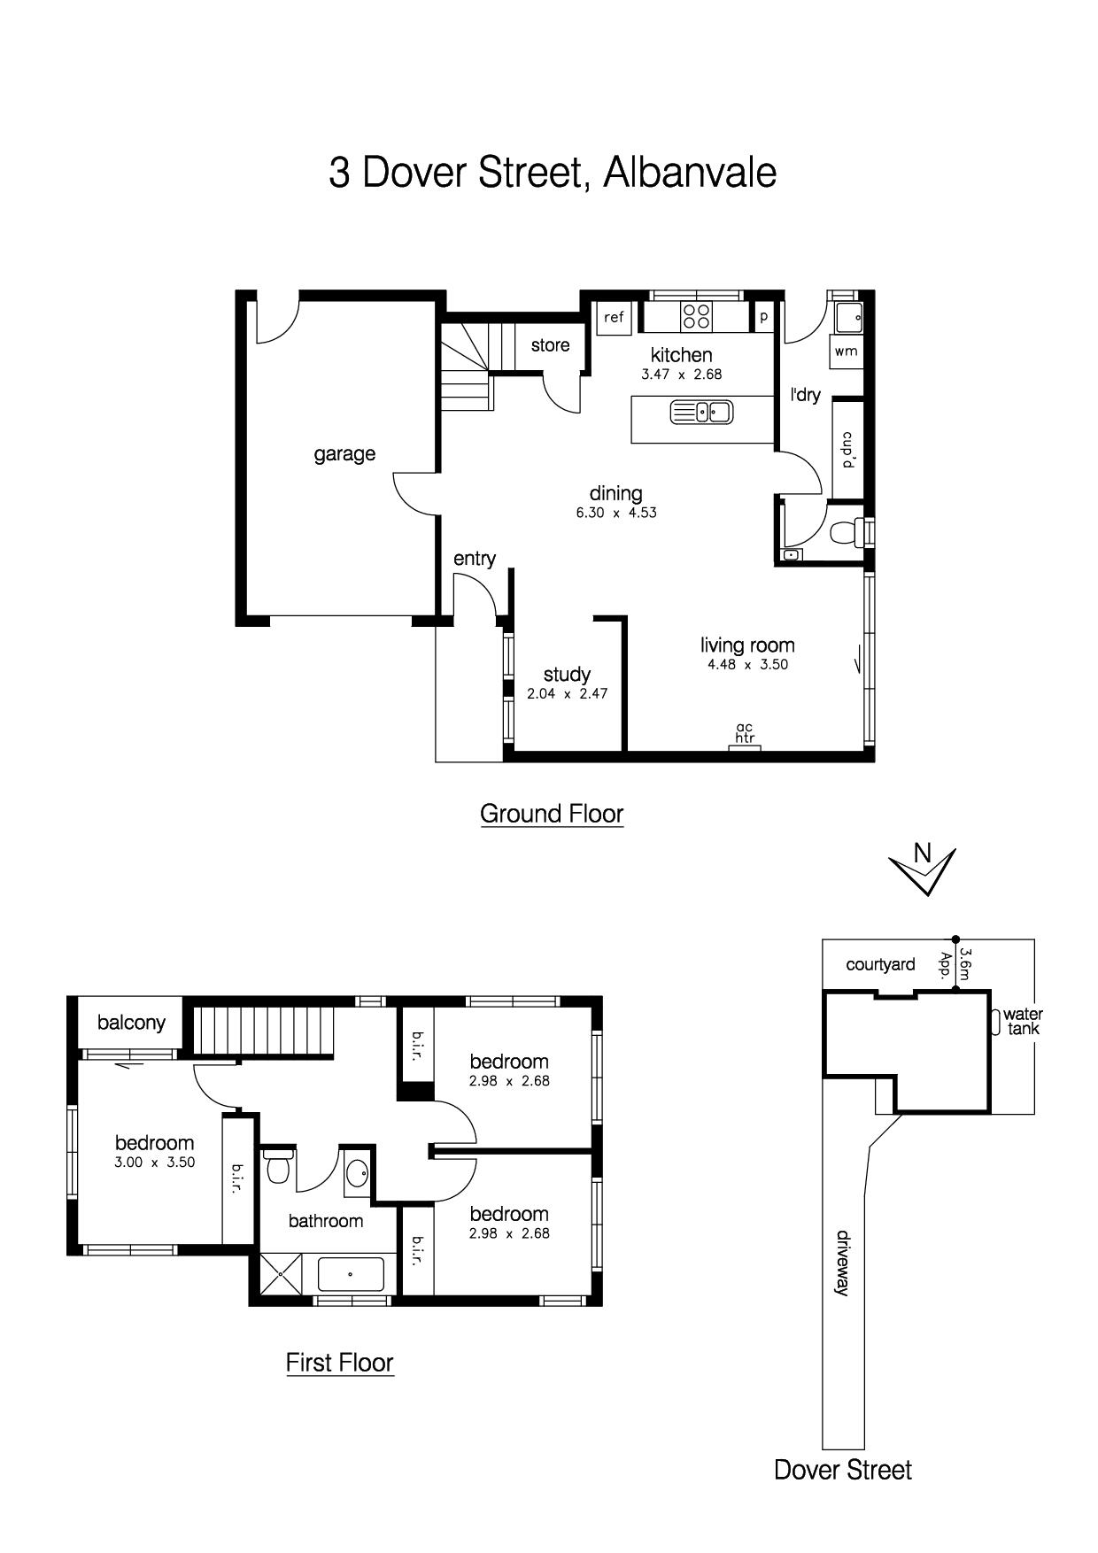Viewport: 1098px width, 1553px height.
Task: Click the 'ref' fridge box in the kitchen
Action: tap(614, 318)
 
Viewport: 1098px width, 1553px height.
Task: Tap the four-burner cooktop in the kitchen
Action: tap(696, 317)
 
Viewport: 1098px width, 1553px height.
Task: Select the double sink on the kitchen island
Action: tap(700, 412)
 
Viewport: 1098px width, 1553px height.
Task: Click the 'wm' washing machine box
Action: tap(847, 352)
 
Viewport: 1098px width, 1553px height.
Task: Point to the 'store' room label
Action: tap(550, 345)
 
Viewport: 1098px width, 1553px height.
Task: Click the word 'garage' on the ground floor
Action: tap(344, 454)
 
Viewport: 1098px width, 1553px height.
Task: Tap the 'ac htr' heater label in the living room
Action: tap(745, 733)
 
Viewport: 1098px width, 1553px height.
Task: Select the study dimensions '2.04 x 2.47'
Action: tap(568, 694)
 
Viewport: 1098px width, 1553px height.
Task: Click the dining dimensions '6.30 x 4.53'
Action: tap(616, 513)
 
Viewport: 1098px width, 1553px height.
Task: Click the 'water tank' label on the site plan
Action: tap(1023, 1021)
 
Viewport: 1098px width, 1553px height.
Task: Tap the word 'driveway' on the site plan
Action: tap(842, 1263)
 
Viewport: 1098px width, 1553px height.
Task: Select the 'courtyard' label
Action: tap(880, 964)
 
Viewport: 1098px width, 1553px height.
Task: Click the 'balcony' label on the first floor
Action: tap(131, 1023)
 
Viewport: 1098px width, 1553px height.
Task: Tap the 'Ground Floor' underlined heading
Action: tap(552, 814)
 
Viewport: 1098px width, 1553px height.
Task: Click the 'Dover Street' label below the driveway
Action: tap(842, 1471)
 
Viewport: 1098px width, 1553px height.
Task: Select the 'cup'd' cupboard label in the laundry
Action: tap(847, 449)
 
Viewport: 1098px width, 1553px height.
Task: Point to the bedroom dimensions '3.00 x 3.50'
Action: tap(154, 1163)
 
